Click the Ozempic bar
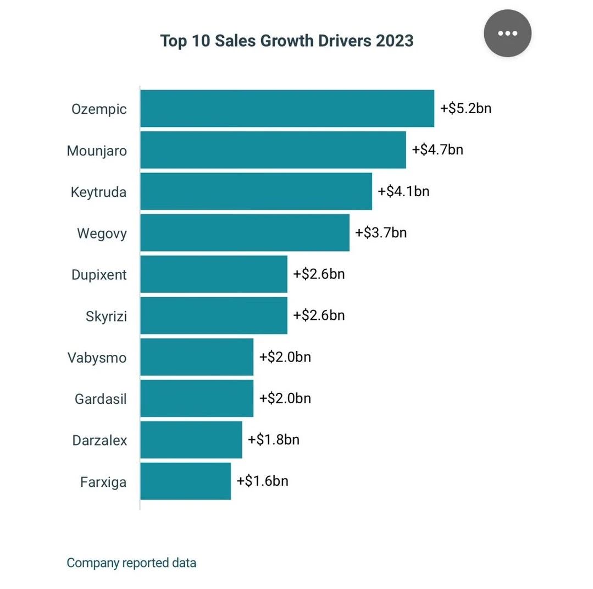click(287, 109)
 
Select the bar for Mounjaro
click(273, 150)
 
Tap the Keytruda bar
click(256, 192)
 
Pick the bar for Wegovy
click(245, 233)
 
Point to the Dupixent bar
click(213, 274)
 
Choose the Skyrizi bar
click(213, 316)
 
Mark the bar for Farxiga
click(185, 481)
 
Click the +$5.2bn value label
click(465, 108)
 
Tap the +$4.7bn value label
click(437, 149)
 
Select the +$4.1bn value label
click(403, 191)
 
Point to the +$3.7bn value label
click(381, 232)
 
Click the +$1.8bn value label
click(274, 440)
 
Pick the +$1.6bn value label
click(262, 481)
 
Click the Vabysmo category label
click(97, 358)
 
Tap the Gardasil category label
click(101, 399)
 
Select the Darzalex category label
click(99, 440)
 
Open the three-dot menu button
click(507, 33)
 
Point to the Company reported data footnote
click(131, 563)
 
